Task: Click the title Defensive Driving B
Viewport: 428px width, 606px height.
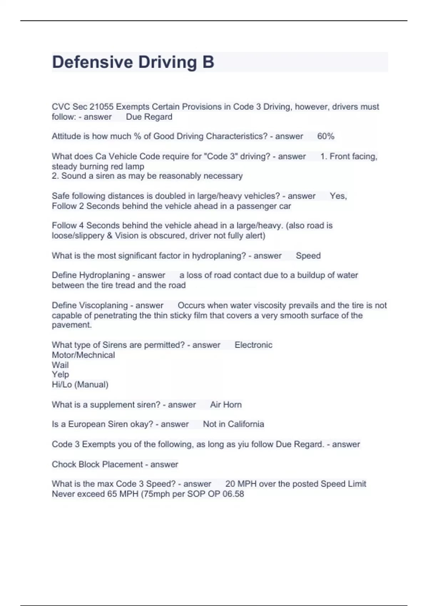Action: point(133,62)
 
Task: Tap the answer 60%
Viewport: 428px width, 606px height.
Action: point(326,136)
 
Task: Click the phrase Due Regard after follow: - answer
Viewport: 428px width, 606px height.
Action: point(149,117)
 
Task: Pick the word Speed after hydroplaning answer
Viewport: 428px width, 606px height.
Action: point(308,256)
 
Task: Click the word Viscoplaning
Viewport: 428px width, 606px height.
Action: point(103,305)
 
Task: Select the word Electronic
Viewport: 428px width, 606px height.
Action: point(253,345)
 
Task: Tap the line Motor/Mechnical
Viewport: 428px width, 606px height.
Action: point(83,355)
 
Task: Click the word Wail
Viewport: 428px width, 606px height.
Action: point(60,365)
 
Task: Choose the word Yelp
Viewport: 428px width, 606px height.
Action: point(60,375)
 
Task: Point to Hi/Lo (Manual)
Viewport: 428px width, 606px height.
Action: point(80,385)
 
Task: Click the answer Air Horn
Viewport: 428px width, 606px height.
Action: point(226,405)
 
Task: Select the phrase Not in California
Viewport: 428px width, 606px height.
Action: point(233,424)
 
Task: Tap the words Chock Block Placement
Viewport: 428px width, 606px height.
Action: point(97,464)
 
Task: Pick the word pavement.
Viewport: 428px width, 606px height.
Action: point(71,325)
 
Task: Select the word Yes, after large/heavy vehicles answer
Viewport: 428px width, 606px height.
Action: point(338,196)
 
